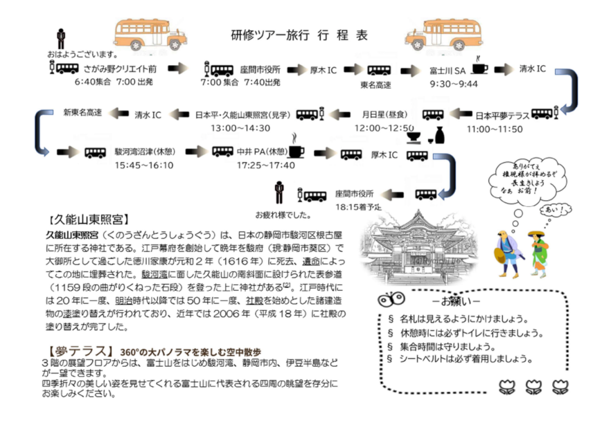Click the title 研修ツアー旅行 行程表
[299, 35]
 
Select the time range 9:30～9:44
[454, 84]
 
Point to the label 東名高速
[375, 84]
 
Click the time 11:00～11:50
[494, 128]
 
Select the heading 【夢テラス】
[77, 350]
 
